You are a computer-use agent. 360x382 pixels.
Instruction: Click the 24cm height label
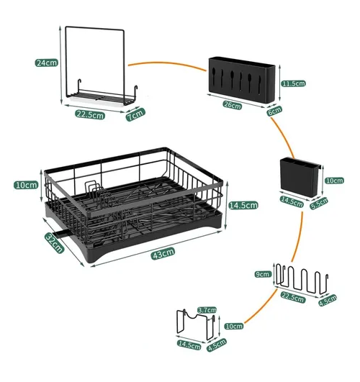46,63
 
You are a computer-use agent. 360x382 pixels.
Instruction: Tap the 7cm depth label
135,114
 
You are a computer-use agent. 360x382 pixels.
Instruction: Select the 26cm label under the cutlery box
232,105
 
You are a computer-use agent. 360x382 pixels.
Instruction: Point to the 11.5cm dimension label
294,83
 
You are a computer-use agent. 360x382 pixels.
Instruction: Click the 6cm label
274,111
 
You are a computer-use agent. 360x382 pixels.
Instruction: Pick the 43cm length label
163,253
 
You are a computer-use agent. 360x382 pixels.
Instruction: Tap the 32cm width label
55,242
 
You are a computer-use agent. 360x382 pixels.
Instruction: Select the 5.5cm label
319,203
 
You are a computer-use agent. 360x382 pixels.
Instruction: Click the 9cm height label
263,274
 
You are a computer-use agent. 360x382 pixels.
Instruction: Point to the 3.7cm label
207,310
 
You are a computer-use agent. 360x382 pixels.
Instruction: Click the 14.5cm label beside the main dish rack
243,205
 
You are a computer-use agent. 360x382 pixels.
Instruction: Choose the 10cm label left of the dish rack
26,185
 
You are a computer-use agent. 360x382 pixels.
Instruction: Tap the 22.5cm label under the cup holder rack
293,297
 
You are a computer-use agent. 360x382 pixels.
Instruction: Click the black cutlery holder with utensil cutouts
241,80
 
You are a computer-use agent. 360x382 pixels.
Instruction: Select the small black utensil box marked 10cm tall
300,178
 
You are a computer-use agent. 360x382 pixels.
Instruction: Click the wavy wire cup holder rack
302,280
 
